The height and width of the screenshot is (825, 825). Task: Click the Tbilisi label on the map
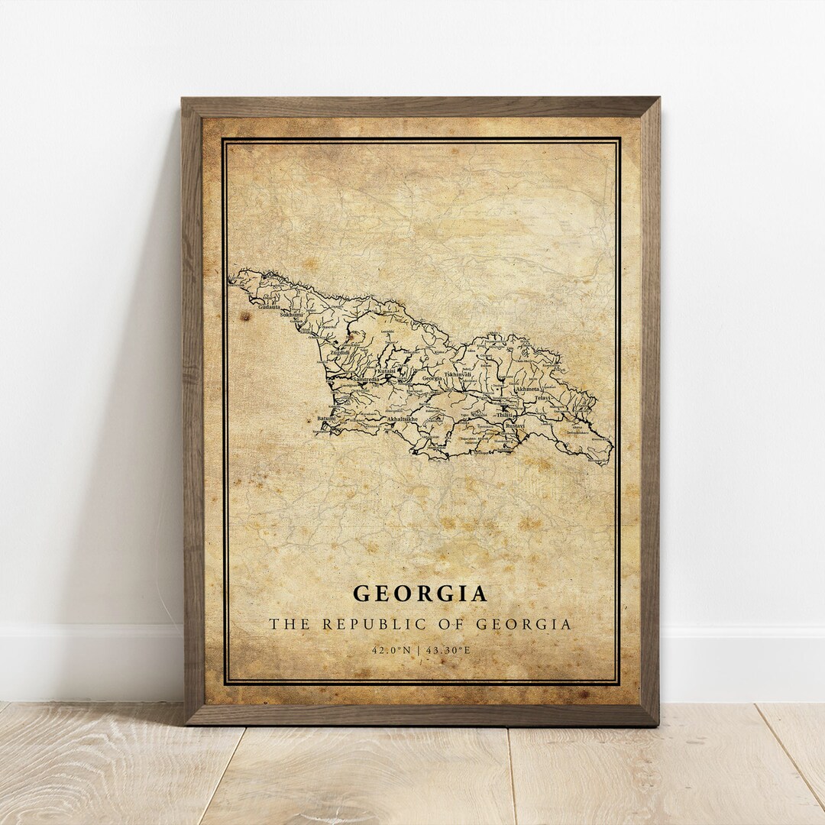pos(502,414)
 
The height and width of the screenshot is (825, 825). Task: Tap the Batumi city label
pos(326,419)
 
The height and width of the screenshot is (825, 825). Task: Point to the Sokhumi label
pos(291,314)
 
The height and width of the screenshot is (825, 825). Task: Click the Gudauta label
pos(270,307)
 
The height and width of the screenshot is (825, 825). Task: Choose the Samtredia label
pos(366,379)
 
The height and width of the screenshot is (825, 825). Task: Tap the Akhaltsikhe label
pos(403,419)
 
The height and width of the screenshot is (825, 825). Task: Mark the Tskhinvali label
pos(458,375)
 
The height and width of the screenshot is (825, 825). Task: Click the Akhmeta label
pos(527,389)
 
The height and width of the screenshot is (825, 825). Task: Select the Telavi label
pos(542,398)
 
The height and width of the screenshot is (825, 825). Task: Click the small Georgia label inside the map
pos(432,378)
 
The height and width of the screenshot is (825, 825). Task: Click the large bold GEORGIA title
pos(420,594)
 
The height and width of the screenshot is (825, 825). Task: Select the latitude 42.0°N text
pos(392,650)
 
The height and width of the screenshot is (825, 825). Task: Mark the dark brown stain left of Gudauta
pos(245,315)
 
